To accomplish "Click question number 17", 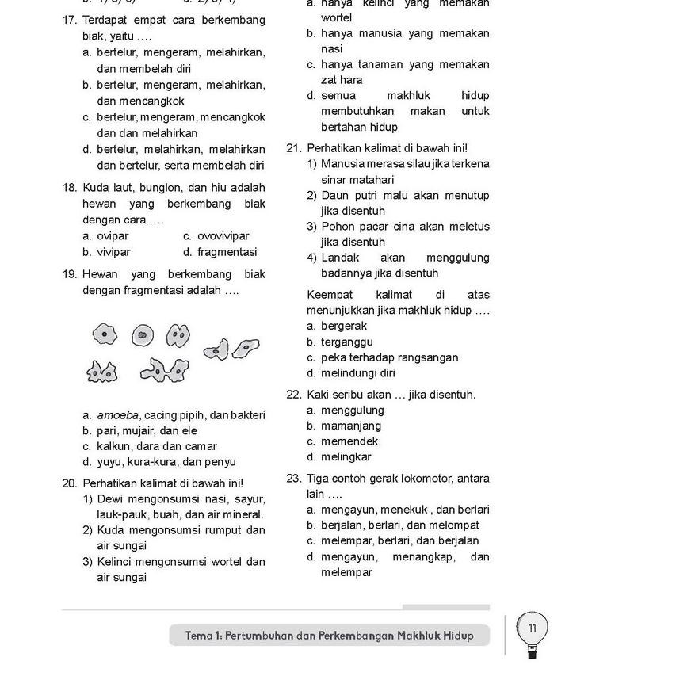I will [69, 20].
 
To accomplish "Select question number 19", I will [69, 274].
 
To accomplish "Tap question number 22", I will [293, 395].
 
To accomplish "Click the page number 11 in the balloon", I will [532, 628].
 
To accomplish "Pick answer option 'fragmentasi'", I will [227, 252].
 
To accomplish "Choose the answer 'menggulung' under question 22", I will [352, 411].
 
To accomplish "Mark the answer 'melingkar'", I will [346, 457].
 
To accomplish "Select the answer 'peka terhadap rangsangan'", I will [389, 357].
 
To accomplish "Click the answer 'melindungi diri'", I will [357, 373].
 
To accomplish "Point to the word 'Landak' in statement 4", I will [340, 258].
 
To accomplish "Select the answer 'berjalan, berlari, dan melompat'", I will [399, 525].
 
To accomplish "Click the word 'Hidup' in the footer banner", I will [458, 636].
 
